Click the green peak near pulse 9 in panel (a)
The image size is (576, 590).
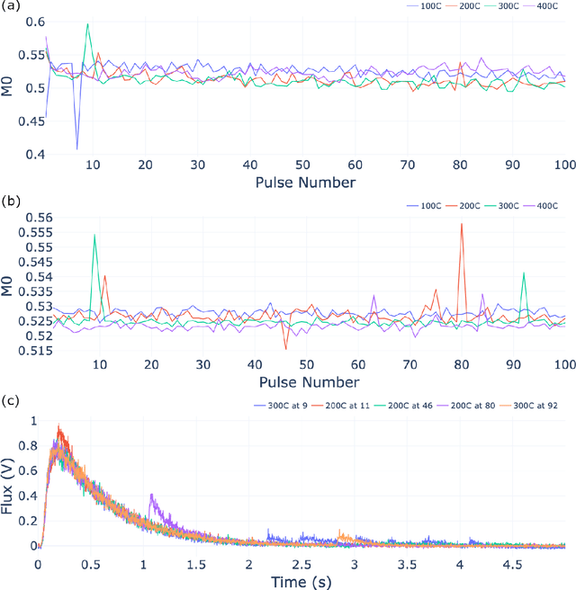pos(87,24)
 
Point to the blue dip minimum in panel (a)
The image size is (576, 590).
pos(76,148)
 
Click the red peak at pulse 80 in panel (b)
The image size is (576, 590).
pos(462,224)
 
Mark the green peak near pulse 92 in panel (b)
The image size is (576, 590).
pos(524,273)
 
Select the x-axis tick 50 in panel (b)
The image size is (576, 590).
pos(307,366)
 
